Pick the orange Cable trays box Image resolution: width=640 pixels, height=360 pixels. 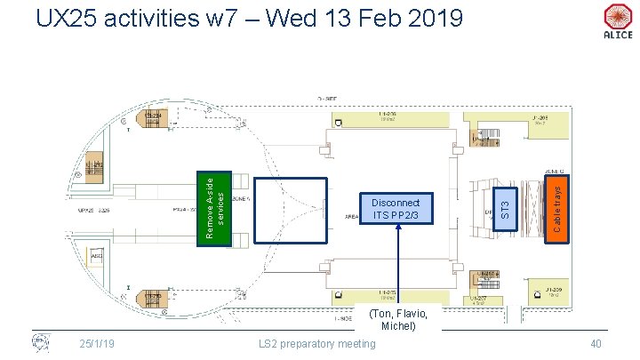555,208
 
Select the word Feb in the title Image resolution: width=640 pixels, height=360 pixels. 366,17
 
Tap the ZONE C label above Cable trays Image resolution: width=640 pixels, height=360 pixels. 555,171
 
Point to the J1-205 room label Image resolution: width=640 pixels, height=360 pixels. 540,117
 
